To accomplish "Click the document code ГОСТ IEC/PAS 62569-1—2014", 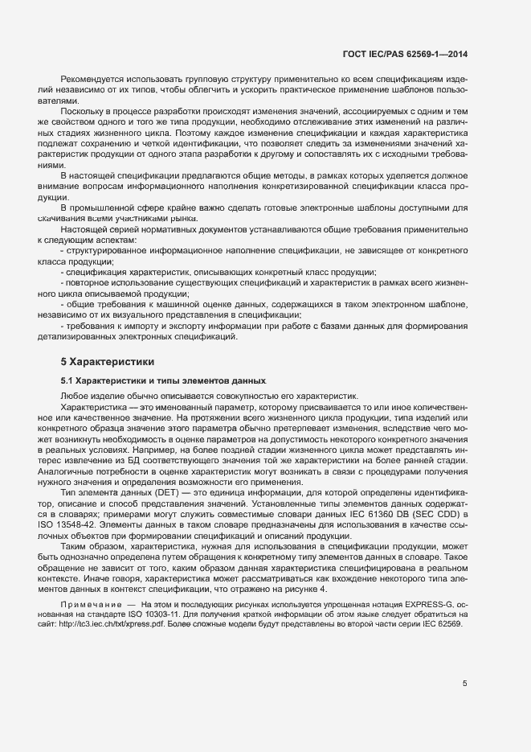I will click(405, 54).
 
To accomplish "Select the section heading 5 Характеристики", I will click(102, 362).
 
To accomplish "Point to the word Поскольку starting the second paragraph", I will click(81, 106).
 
